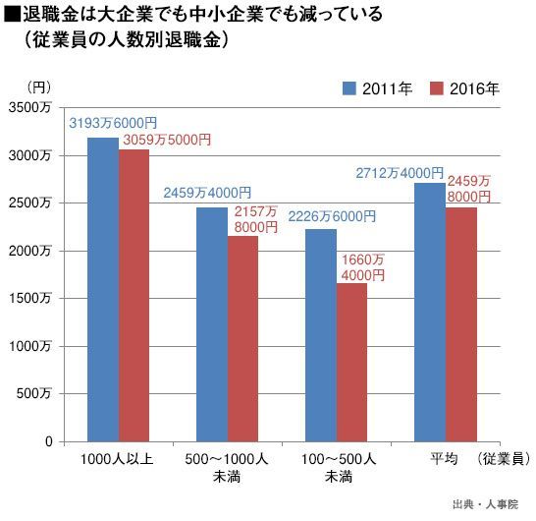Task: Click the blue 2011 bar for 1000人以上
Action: [103, 290]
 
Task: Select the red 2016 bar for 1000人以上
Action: [134, 296]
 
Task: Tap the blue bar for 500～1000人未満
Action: [212, 324]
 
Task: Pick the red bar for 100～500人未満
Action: [351, 363]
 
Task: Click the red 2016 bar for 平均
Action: [461, 324]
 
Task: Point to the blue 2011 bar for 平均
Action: [430, 313]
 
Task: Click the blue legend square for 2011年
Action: [349, 88]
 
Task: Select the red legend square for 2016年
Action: [437, 88]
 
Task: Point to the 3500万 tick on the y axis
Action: [29, 108]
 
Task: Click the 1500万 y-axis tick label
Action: [29, 299]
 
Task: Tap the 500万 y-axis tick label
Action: [33, 393]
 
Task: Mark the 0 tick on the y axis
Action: [49, 441]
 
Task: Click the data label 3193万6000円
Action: [113, 123]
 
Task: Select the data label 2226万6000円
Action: [332, 216]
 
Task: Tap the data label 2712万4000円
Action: [400, 173]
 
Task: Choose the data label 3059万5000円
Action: [167, 140]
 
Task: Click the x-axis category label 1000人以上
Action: [117, 459]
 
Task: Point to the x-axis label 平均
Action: [444, 459]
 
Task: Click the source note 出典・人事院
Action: [485, 504]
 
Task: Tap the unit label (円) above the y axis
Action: [38, 87]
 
